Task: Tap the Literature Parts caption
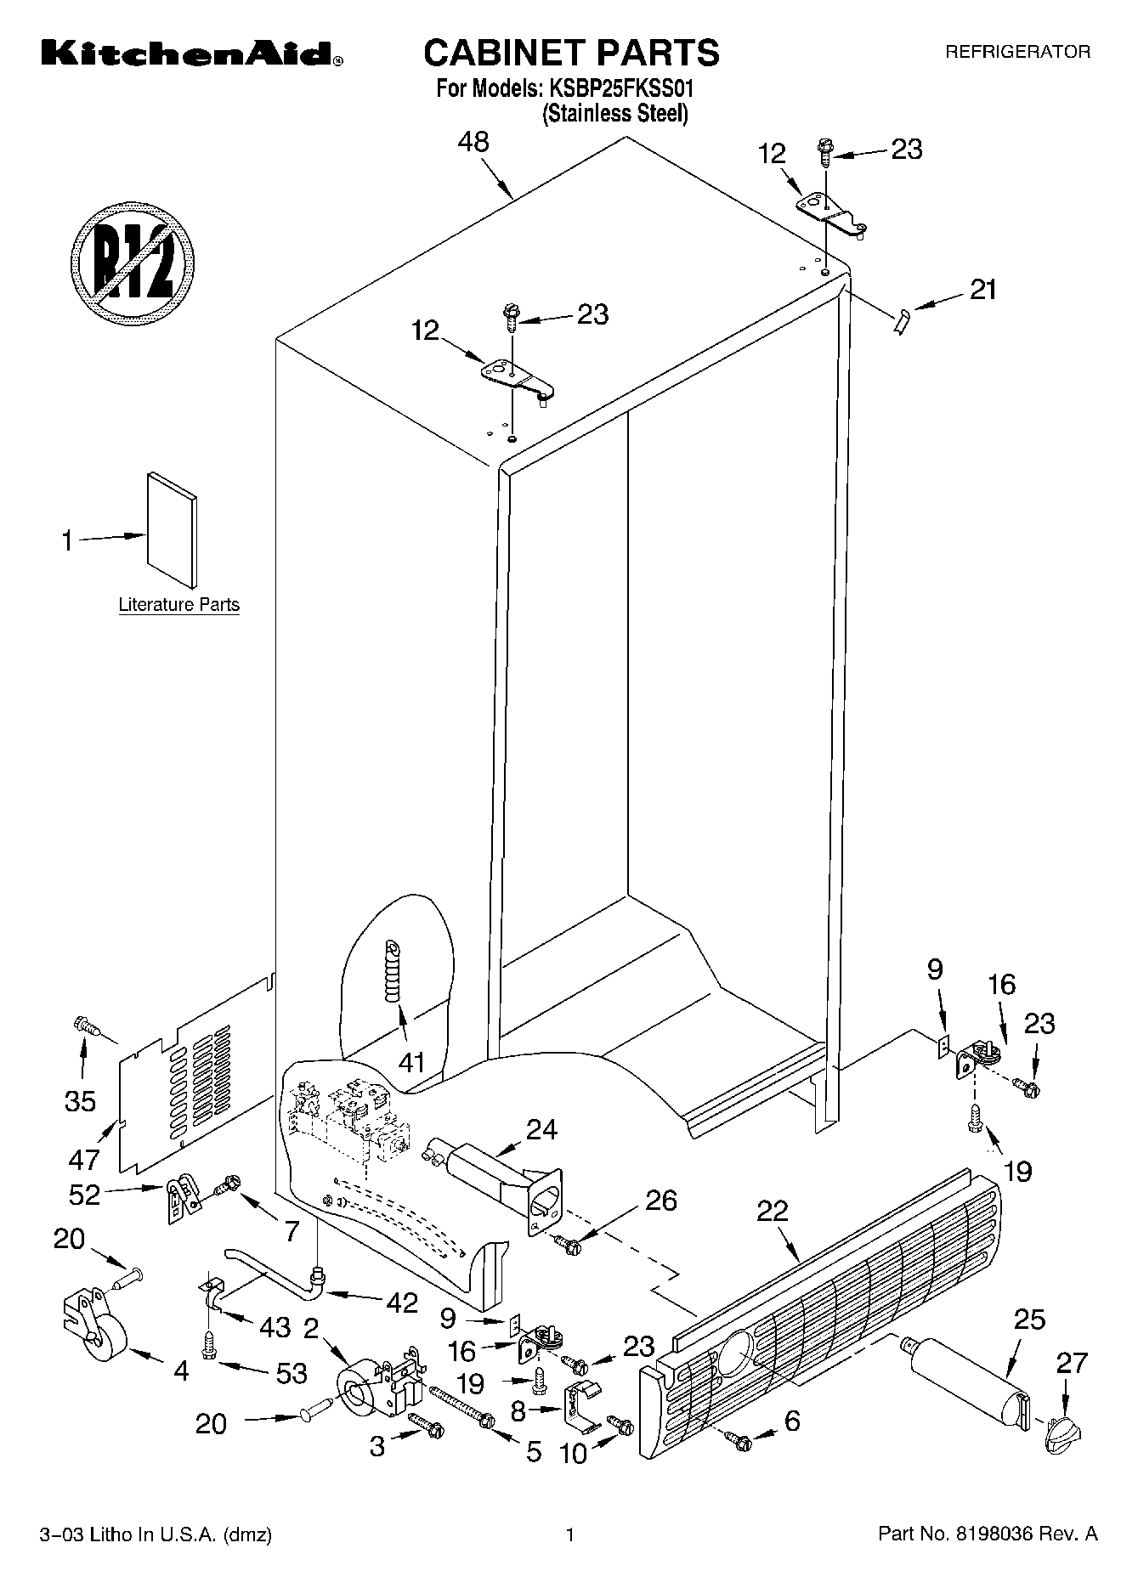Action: [178, 605]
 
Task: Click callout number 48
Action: [473, 142]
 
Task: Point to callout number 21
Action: [982, 291]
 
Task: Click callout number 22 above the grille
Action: [772, 1212]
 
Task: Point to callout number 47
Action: [83, 1158]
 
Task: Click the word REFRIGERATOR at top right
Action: [1017, 52]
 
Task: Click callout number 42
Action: [399, 1302]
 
